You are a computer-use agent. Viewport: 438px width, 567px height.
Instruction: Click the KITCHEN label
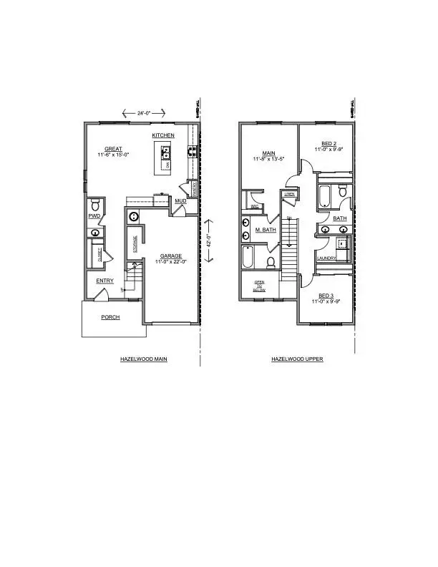(x=163, y=135)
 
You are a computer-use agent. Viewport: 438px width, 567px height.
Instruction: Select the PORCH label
(x=110, y=316)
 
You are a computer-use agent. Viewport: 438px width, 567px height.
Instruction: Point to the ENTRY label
(x=104, y=281)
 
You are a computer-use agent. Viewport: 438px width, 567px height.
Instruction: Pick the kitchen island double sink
(x=166, y=152)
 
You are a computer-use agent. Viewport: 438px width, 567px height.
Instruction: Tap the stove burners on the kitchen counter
(x=192, y=151)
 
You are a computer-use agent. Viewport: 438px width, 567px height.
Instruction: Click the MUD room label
(x=181, y=201)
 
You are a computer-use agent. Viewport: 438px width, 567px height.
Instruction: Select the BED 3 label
(x=326, y=296)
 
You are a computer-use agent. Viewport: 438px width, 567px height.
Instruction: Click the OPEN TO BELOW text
(x=259, y=286)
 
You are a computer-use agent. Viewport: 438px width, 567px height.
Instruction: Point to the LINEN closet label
(x=289, y=194)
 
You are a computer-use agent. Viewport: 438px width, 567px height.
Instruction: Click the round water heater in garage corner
(x=133, y=217)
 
